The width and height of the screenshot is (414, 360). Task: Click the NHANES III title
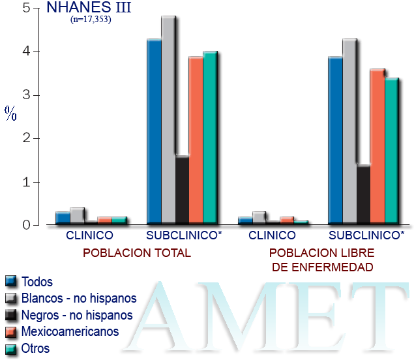pyautogui.click(x=85, y=8)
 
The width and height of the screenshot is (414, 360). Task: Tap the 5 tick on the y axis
pyautogui.click(x=26, y=8)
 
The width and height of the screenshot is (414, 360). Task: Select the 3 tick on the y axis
pyautogui.click(x=26, y=95)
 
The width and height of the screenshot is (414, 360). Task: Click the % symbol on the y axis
pyautogui.click(x=10, y=114)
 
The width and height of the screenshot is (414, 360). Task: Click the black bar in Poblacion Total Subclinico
pyautogui.click(x=182, y=190)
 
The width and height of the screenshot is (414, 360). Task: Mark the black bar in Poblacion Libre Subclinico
pyautogui.click(x=363, y=194)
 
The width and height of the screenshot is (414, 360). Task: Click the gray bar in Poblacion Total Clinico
pyautogui.click(x=77, y=216)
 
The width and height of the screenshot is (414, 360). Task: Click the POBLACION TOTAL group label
pyautogui.click(x=136, y=252)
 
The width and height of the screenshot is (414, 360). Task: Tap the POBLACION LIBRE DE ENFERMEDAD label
pyautogui.click(x=321, y=260)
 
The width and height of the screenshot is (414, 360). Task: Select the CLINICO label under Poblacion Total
pyautogui.click(x=89, y=235)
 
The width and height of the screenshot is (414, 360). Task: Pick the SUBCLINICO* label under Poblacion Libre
pyautogui.click(x=366, y=235)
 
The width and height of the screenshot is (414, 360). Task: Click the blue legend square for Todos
pyautogui.click(x=10, y=282)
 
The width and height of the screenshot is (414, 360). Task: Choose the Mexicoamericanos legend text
pyautogui.click(x=70, y=331)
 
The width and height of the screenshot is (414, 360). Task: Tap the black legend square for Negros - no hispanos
pyautogui.click(x=10, y=316)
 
